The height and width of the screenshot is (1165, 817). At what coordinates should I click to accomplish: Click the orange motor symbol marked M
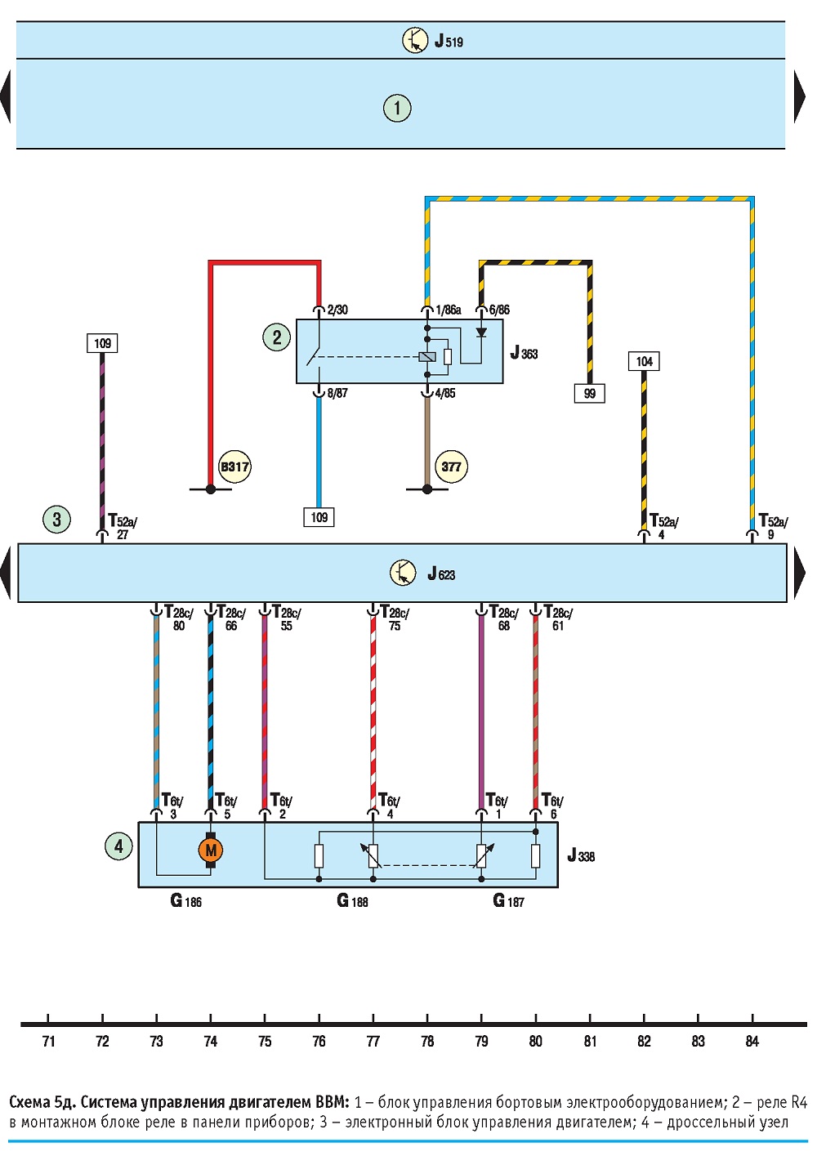(211, 850)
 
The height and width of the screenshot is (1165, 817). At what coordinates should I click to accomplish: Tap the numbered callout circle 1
(397, 108)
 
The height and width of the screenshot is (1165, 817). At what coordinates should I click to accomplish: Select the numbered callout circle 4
(118, 846)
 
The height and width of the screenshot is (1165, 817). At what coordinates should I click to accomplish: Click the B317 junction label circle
(234, 466)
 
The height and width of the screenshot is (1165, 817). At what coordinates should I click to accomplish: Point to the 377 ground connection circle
(451, 466)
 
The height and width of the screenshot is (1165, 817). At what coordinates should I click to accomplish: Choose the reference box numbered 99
(589, 393)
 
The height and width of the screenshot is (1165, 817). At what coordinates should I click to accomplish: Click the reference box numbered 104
(644, 361)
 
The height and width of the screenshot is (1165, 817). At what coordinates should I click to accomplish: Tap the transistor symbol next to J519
(415, 40)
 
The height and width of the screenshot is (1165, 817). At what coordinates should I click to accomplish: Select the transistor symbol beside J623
(403, 573)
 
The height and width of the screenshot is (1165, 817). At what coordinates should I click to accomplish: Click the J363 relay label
(524, 353)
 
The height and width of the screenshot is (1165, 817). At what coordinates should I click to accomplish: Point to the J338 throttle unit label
(581, 855)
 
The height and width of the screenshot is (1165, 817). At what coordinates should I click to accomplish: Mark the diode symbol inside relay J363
(481, 332)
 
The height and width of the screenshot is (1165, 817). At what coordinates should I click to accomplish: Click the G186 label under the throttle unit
(185, 900)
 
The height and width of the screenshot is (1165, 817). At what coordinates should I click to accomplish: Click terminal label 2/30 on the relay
(337, 310)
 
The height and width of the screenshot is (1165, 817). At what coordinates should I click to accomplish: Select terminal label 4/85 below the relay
(445, 393)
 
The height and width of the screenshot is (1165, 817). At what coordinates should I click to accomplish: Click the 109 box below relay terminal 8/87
(319, 517)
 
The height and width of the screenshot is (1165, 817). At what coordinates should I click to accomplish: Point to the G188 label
(352, 900)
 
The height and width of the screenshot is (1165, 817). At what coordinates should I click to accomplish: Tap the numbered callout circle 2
(277, 337)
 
